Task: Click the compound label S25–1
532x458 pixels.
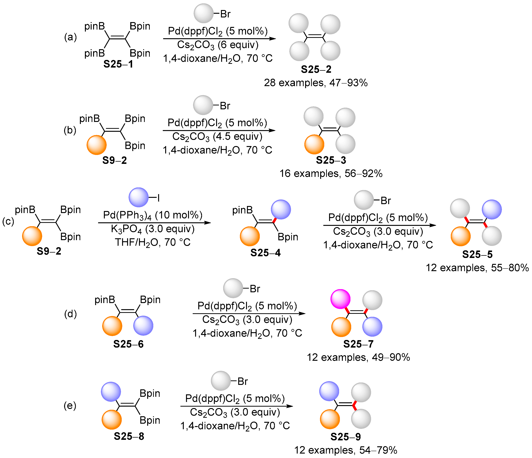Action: pyautogui.click(x=118, y=64)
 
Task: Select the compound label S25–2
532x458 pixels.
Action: pyautogui.click(x=316, y=69)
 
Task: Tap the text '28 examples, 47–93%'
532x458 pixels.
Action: pyautogui.click(x=316, y=83)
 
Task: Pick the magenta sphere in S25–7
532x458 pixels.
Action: pyautogui.click(x=340, y=299)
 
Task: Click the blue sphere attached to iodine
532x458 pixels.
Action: pyautogui.click(x=139, y=197)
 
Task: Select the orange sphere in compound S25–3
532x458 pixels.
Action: pyautogui.click(x=314, y=144)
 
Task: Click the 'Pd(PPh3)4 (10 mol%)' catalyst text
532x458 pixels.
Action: pyautogui.click(x=153, y=215)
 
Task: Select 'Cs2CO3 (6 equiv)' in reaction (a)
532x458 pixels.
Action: pyautogui.click(x=218, y=45)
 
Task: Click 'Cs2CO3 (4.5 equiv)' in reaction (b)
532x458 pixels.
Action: pyautogui.click(x=217, y=136)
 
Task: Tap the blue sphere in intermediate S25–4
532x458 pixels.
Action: pyautogui.click(x=281, y=210)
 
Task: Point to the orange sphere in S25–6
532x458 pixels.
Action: pyautogui.click(x=112, y=326)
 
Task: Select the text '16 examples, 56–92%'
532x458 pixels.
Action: pyautogui.click(x=331, y=174)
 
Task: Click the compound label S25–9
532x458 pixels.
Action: pyautogui.click(x=346, y=436)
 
